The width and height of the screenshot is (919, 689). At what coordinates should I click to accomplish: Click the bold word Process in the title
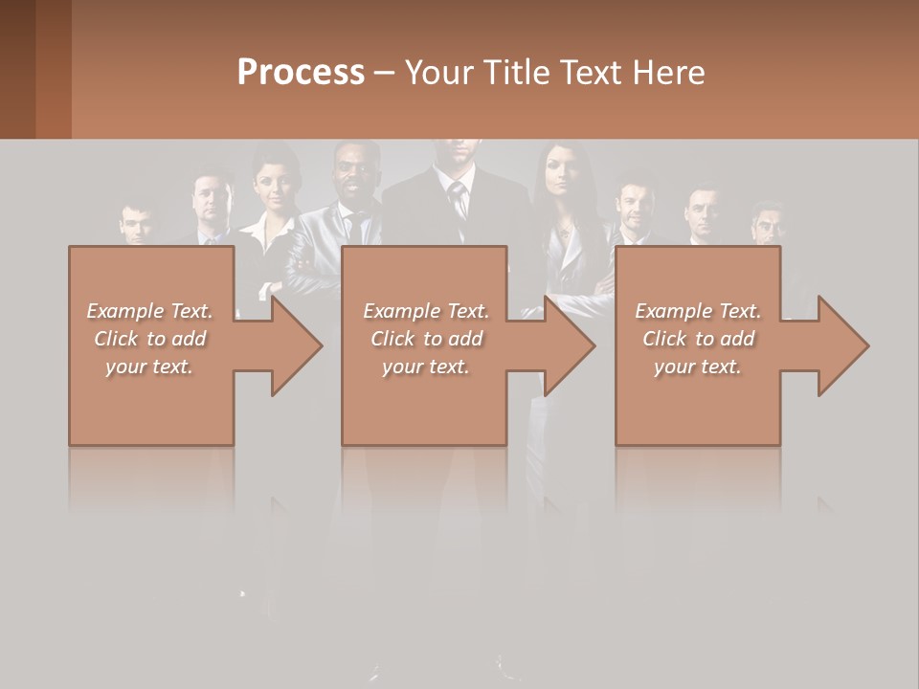pyautogui.click(x=301, y=73)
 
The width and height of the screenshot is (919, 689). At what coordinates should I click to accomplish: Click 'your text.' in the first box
pyautogui.click(x=150, y=367)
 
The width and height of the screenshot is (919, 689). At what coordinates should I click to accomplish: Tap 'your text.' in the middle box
pyautogui.click(x=426, y=367)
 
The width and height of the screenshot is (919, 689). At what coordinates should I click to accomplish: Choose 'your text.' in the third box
pyautogui.click(x=698, y=367)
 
